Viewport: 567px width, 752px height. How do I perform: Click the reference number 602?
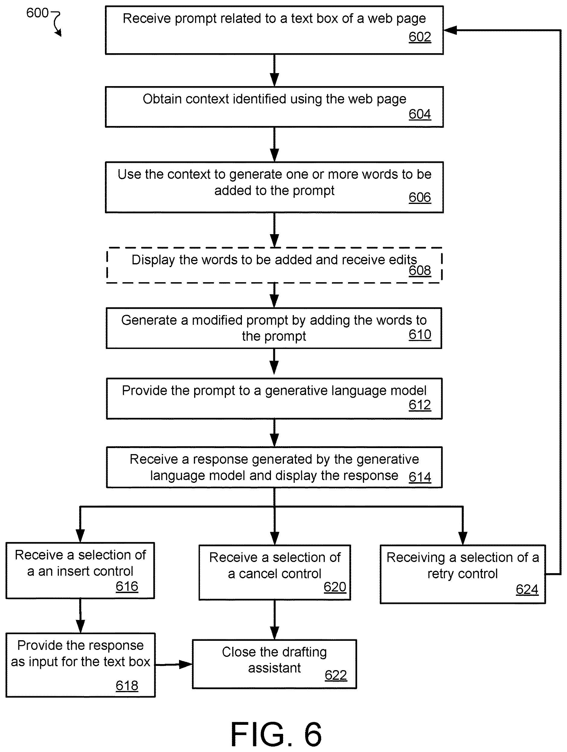pyautogui.click(x=420, y=37)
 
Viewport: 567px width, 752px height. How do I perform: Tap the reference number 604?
pyautogui.click(x=420, y=114)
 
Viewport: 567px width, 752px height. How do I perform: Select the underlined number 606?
pyautogui.click(x=420, y=198)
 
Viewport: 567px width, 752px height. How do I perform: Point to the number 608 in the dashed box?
pyautogui.click(x=420, y=271)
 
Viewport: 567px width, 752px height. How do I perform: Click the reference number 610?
pyautogui.click(x=420, y=335)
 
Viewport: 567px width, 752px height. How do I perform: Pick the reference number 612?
pyautogui.click(x=420, y=405)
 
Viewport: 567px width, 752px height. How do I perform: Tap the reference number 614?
pyautogui.click(x=420, y=477)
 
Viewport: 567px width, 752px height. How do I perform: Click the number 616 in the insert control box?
pyautogui.click(x=127, y=586)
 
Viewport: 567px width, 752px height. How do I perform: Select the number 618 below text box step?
pyautogui.click(x=127, y=686)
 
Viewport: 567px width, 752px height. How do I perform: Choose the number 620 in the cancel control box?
pyautogui.click(x=335, y=587)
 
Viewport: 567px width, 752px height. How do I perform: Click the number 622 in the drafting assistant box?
pyautogui.click(x=336, y=675)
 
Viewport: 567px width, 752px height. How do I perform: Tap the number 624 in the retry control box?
pyautogui.click(x=527, y=589)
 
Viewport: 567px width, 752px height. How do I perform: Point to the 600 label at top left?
pyautogui.click(x=37, y=13)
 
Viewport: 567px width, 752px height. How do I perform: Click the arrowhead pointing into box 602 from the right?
pyautogui.click(x=450, y=30)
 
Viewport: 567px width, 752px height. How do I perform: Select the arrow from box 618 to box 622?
pyautogui.click(x=174, y=664)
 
